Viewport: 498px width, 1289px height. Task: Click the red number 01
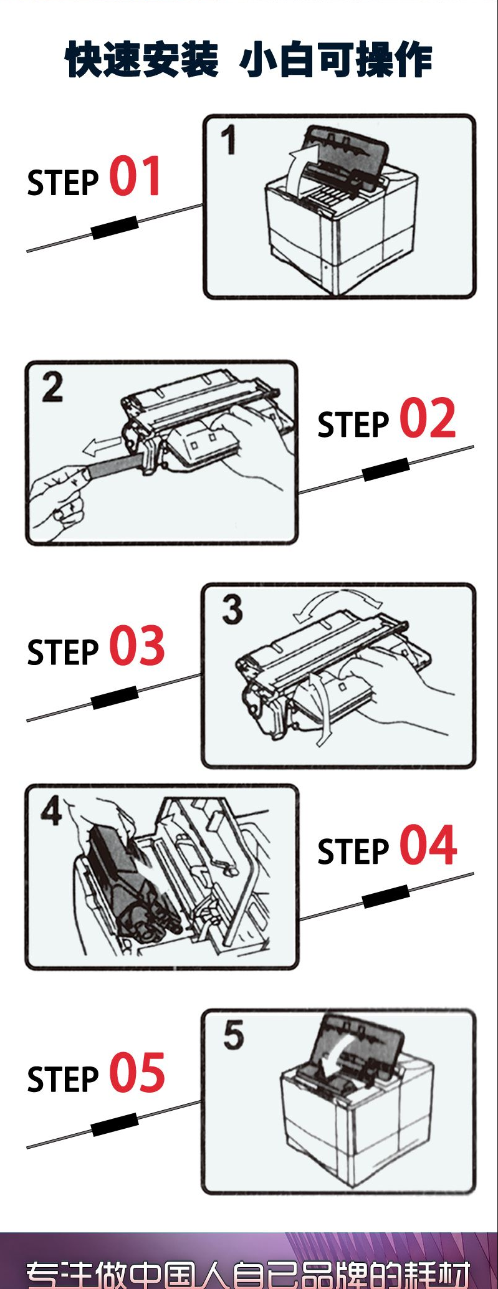[135, 176]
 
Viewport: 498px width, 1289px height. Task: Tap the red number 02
[428, 419]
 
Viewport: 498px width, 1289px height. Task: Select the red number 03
[137, 646]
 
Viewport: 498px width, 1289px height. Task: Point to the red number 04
[428, 846]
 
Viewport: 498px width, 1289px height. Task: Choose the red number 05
[137, 1073]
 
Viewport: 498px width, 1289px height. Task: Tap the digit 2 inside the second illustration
[52, 387]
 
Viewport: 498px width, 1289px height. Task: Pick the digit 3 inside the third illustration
[232, 609]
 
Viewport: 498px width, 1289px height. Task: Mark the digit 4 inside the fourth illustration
[51, 811]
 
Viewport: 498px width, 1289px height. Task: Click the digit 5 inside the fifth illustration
[234, 1035]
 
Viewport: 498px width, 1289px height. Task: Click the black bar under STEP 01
[115, 228]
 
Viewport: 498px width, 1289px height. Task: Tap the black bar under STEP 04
[386, 896]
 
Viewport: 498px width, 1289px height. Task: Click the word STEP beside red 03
[63, 653]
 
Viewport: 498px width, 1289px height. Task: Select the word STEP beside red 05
[63, 1080]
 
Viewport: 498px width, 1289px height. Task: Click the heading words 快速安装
[142, 60]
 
